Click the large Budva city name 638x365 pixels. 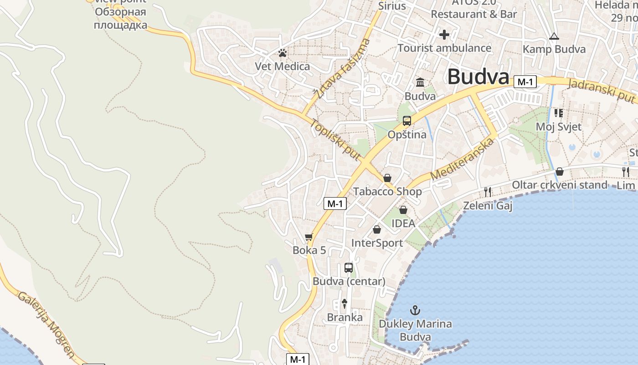478,77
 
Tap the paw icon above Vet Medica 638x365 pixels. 283,53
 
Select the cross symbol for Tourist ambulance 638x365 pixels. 444,35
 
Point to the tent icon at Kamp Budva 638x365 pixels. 554,36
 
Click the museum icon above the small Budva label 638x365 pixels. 420,83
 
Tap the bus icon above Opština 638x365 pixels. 406,121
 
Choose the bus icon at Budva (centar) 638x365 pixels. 349,268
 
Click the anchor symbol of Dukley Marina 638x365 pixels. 415,311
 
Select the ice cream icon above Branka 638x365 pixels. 345,304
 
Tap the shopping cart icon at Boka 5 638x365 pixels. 309,237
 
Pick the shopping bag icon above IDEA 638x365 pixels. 403,210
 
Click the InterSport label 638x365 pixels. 377,243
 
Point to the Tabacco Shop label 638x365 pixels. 387,192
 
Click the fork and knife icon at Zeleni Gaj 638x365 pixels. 488,192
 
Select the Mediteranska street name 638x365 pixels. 463,159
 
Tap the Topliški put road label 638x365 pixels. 336,140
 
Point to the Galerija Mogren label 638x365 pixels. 46,324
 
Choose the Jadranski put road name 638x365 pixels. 602,90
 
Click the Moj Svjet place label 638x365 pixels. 559,126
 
